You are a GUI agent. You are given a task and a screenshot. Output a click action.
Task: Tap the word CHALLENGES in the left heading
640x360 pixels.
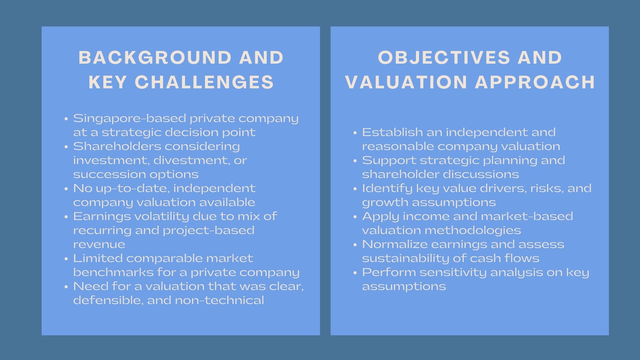tap(204, 82)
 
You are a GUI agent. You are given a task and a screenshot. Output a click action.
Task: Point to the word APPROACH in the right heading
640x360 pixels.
tap(535, 82)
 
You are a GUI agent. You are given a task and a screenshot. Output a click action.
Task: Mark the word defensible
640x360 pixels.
tap(108, 300)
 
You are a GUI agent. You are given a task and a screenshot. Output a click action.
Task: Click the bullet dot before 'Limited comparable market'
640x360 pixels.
tap(66, 259)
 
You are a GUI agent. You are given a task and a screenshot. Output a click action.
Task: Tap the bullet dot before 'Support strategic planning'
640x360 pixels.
tap(355, 161)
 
